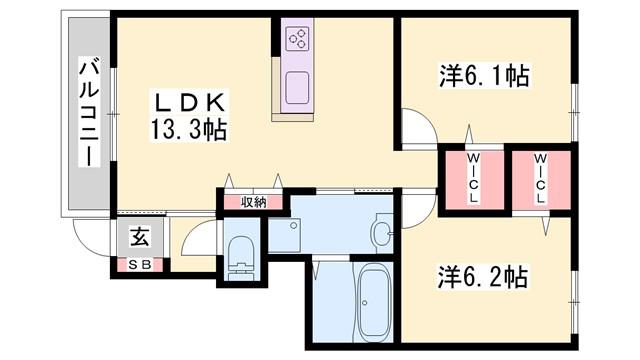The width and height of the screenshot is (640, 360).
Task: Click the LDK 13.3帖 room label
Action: pyautogui.click(x=189, y=117)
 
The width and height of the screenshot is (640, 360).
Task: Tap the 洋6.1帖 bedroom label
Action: pyautogui.click(x=484, y=76)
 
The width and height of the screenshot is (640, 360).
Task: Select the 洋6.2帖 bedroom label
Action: pyautogui.click(x=483, y=277)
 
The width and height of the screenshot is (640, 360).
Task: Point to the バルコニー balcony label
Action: pyautogui.click(x=89, y=113)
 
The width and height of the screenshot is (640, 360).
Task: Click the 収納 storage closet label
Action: pyautogui.click(x=254, y=202)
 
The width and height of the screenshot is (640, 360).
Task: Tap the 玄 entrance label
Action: pyautogui.click(x=140, y=237)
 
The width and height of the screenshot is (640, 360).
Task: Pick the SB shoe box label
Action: pyautogui.click(x=140, y=265)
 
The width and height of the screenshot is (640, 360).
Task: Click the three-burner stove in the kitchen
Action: pyautogui.click(x=298, y=38)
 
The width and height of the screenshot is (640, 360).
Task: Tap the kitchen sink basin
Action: pyautogui.click(x=297, y=88)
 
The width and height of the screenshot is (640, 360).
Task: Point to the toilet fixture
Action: pyautogui.click(x=241, y=258)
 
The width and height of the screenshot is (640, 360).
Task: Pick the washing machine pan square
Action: pyautogui.click(x=284, y=236)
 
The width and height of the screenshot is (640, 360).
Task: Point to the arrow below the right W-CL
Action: pyautogui.click(x=546, y=226)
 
